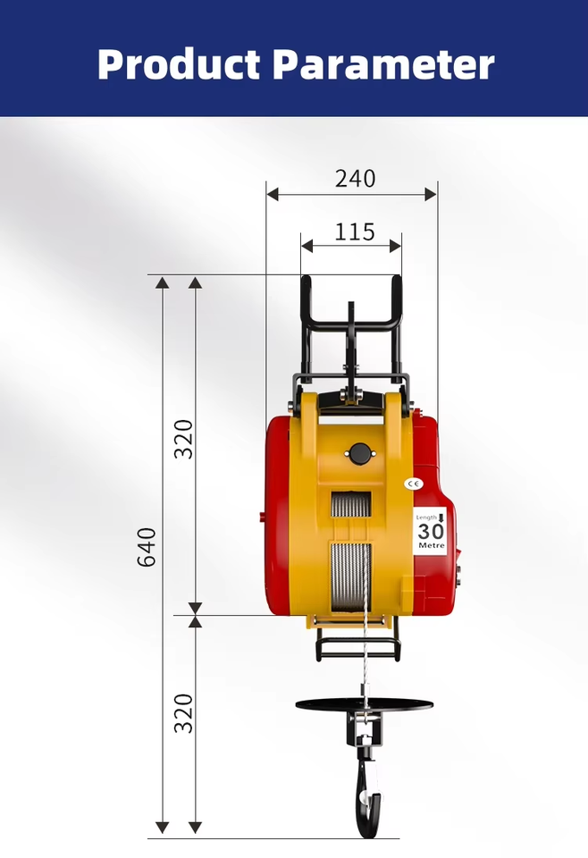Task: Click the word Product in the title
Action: pyautogui.click(x=179, y=64)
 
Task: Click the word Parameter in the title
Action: pyautogui.click(x=382, y=64)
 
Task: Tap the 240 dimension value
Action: pyautogui.click(x=356, y=179)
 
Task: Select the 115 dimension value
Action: pyautogui.click(x=355, y=232)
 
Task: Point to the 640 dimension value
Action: pyautogui.click(x=147, y=547)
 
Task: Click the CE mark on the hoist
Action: pyautogui.click(x=413, y=484)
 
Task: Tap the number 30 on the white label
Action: pyautogui.click(x=431, y=531)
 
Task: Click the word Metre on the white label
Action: pyautogui.click(x=432, y=545)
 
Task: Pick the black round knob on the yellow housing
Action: pyautogui.click(x=359, y=454)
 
